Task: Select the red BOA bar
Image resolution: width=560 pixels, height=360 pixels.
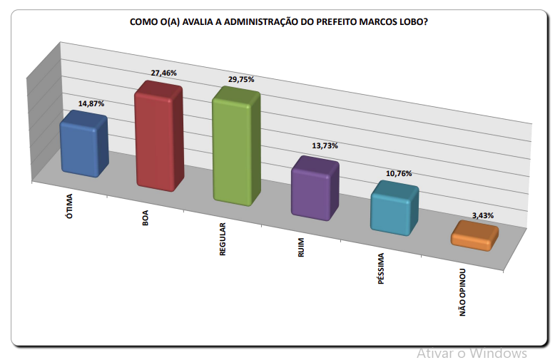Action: (159, 137)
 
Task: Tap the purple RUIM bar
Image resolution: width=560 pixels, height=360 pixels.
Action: (315, 189)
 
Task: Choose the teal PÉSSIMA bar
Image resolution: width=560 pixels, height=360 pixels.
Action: (394, 208)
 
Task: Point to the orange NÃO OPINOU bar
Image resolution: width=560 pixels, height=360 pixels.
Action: (474, 236)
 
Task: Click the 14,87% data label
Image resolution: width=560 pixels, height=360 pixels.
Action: (91, 103)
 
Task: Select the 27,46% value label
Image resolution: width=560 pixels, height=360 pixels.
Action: (163, 73)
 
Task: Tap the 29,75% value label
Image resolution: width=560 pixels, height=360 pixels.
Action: (241, 80)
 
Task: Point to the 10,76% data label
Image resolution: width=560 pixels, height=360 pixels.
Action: (399, 173)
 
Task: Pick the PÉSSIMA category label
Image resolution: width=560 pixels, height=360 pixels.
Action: (382, 269)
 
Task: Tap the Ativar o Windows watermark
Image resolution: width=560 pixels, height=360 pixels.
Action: (472, 353)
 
